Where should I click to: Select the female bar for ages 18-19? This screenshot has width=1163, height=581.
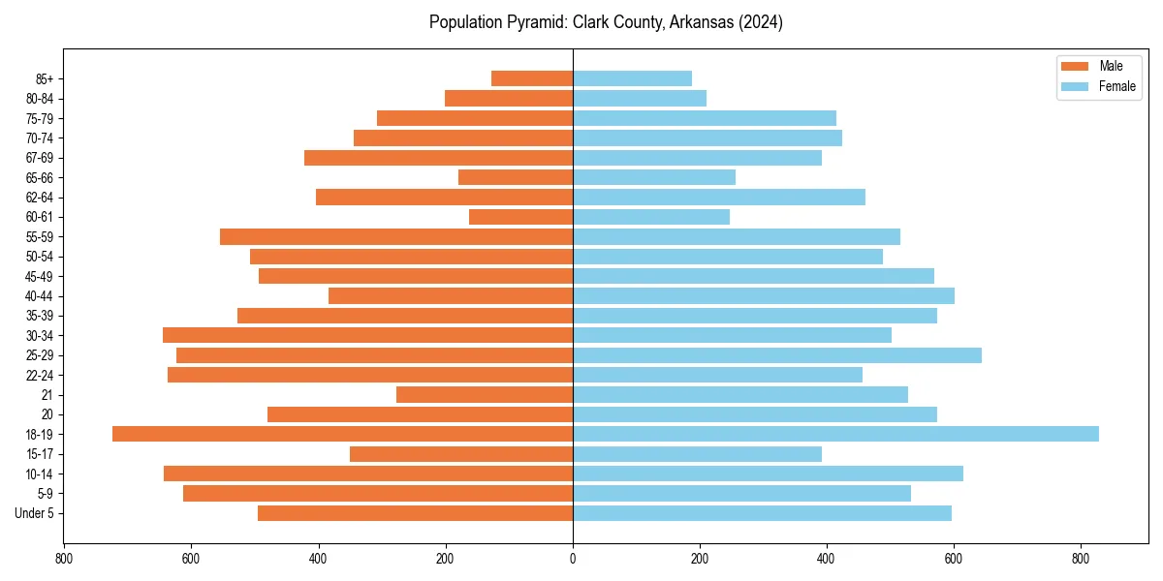point(835,434)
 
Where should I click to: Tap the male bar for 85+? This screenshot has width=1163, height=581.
point(532,78)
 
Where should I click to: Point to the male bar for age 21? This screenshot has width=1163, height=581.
point(485,394)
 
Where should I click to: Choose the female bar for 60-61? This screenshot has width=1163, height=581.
point(651,217)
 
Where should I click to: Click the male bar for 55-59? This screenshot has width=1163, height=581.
point(396,236)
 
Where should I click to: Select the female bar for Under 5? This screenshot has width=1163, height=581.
point(762,513)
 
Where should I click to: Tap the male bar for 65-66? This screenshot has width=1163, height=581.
point(516,177)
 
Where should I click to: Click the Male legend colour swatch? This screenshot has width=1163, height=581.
point(1076,66)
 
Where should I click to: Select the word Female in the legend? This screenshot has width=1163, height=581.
point(1117,86)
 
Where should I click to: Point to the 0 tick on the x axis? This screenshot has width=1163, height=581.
point(573,558)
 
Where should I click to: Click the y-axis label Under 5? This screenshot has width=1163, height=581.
point(34,513)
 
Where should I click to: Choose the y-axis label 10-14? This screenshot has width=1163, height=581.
point(39,474)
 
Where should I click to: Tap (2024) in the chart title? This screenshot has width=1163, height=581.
point(760,22)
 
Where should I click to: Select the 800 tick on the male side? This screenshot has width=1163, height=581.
point(64,558)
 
